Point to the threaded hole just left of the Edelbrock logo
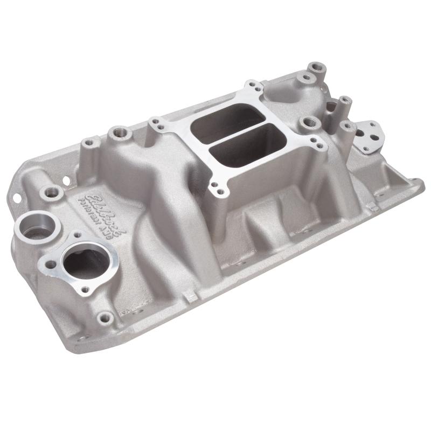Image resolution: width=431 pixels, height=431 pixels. (52, 191)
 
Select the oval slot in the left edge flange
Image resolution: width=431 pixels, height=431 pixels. (16, 197)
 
